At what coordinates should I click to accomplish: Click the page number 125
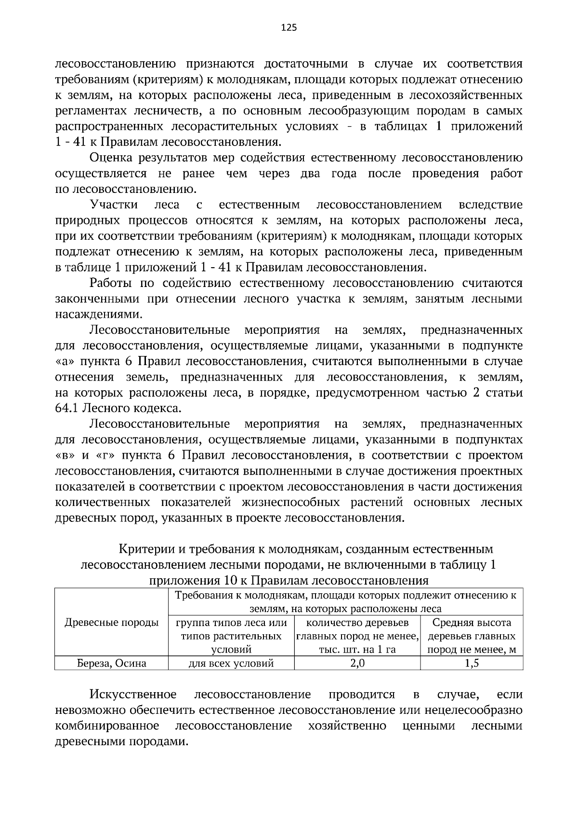[x=289, y=27]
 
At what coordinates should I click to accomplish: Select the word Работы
[x=111, y=283]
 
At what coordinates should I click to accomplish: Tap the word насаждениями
[x=92, y=314]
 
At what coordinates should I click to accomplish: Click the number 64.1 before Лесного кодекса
[x=67, y=409]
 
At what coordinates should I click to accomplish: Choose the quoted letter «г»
[x=105, y=456]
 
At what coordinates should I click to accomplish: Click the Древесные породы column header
[x=112, y=623]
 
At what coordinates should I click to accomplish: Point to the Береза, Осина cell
[x=112, y=663]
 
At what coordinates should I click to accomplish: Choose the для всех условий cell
[x=231, y=663]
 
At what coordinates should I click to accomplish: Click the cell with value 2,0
[x=357, y=663]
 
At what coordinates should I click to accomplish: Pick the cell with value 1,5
[x=472, y=663]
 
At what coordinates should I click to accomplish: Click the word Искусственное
[x=133, y=695]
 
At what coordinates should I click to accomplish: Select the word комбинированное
[x=107, y=726]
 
